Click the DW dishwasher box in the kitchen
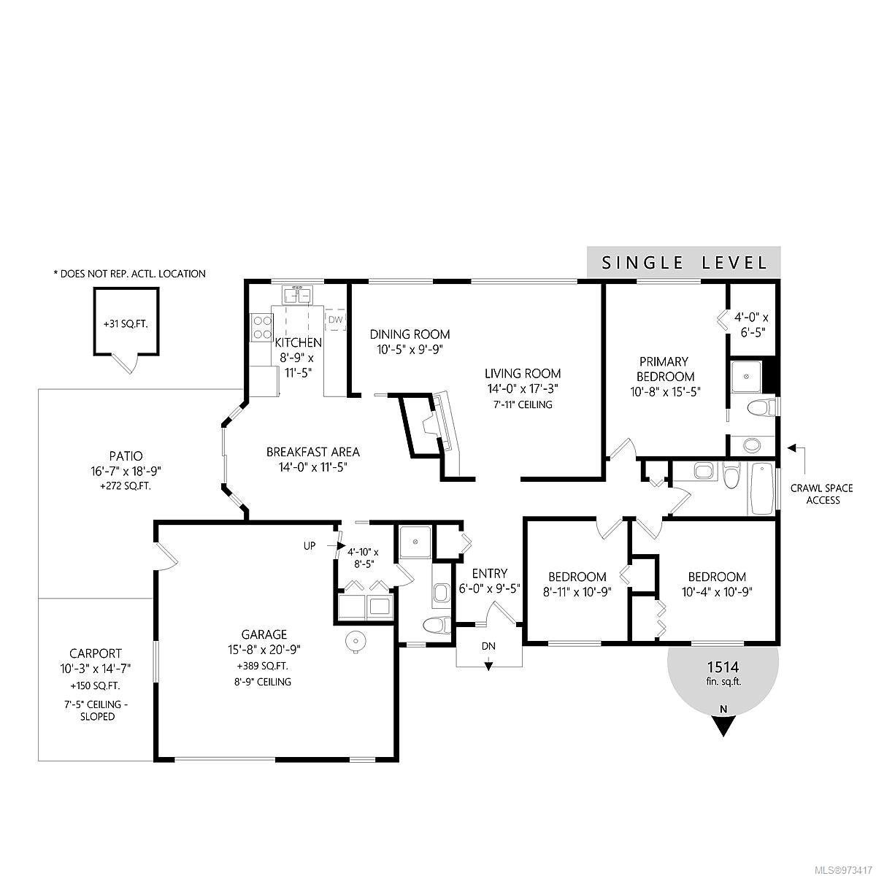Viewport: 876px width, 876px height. point(336,320)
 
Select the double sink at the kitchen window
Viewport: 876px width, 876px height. point(298,295)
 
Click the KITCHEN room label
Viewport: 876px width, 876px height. point(299,342)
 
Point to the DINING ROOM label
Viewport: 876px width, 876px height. point(410,334)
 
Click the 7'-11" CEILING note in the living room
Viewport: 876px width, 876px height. point(523,404)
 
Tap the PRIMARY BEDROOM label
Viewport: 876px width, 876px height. point(664,369)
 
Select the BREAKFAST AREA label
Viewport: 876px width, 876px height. point(312,452)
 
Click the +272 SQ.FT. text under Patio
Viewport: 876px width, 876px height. point(126,486)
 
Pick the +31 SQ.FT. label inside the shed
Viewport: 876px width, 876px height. point(126,324)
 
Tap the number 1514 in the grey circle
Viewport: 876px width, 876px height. point(723,667)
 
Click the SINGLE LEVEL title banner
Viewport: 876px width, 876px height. point(684,262)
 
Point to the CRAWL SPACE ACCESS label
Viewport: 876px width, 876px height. point(821,494)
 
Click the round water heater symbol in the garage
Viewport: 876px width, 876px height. point(355,642)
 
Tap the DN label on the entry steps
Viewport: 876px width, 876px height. point(488,646)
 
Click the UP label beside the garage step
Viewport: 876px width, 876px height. point(310,545)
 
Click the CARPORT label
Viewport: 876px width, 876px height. point(96,653)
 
